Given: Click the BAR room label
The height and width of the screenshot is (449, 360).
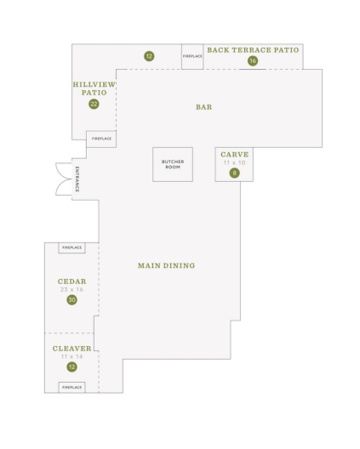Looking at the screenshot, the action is click(203, 107).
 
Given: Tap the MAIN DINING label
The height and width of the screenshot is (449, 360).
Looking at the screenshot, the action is click(166, 265).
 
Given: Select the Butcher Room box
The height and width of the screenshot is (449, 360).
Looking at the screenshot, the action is click(173, 164).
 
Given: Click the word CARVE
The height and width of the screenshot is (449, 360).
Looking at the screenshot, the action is click(234, 155).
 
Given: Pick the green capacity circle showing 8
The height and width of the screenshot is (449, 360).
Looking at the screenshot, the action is click(234, 173).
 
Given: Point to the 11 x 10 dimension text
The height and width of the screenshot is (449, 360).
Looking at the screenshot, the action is click(234, 162).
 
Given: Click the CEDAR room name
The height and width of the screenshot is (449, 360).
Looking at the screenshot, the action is click(72, 281).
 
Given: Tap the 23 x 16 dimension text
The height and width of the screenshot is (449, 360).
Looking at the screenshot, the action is click(72, 289).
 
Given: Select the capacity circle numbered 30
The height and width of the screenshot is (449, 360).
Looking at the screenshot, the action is click(72, 300).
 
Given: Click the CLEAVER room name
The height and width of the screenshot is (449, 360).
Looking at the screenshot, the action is click(72, 349).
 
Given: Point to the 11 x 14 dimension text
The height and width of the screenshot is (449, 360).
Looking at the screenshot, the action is click(72, 356).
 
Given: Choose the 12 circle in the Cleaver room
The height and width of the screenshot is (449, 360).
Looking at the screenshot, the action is click(72, 367).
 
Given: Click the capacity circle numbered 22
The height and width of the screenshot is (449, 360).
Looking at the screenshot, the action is click(94, 104).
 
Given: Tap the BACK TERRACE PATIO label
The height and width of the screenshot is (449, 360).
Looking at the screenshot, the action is click(253, 50).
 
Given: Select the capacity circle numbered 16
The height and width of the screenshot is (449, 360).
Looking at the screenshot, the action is click(253, 60).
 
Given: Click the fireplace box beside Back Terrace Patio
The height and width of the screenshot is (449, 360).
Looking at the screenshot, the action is click(192, 56).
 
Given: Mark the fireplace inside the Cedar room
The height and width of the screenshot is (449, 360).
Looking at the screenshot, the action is click(72, 247).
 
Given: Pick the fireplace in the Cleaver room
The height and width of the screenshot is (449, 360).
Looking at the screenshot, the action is click(72, 388).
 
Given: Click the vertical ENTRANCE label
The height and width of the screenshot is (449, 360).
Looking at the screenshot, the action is click(77, 179).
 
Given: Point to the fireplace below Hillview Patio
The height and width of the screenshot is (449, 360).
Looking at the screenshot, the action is click(101, 139).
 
